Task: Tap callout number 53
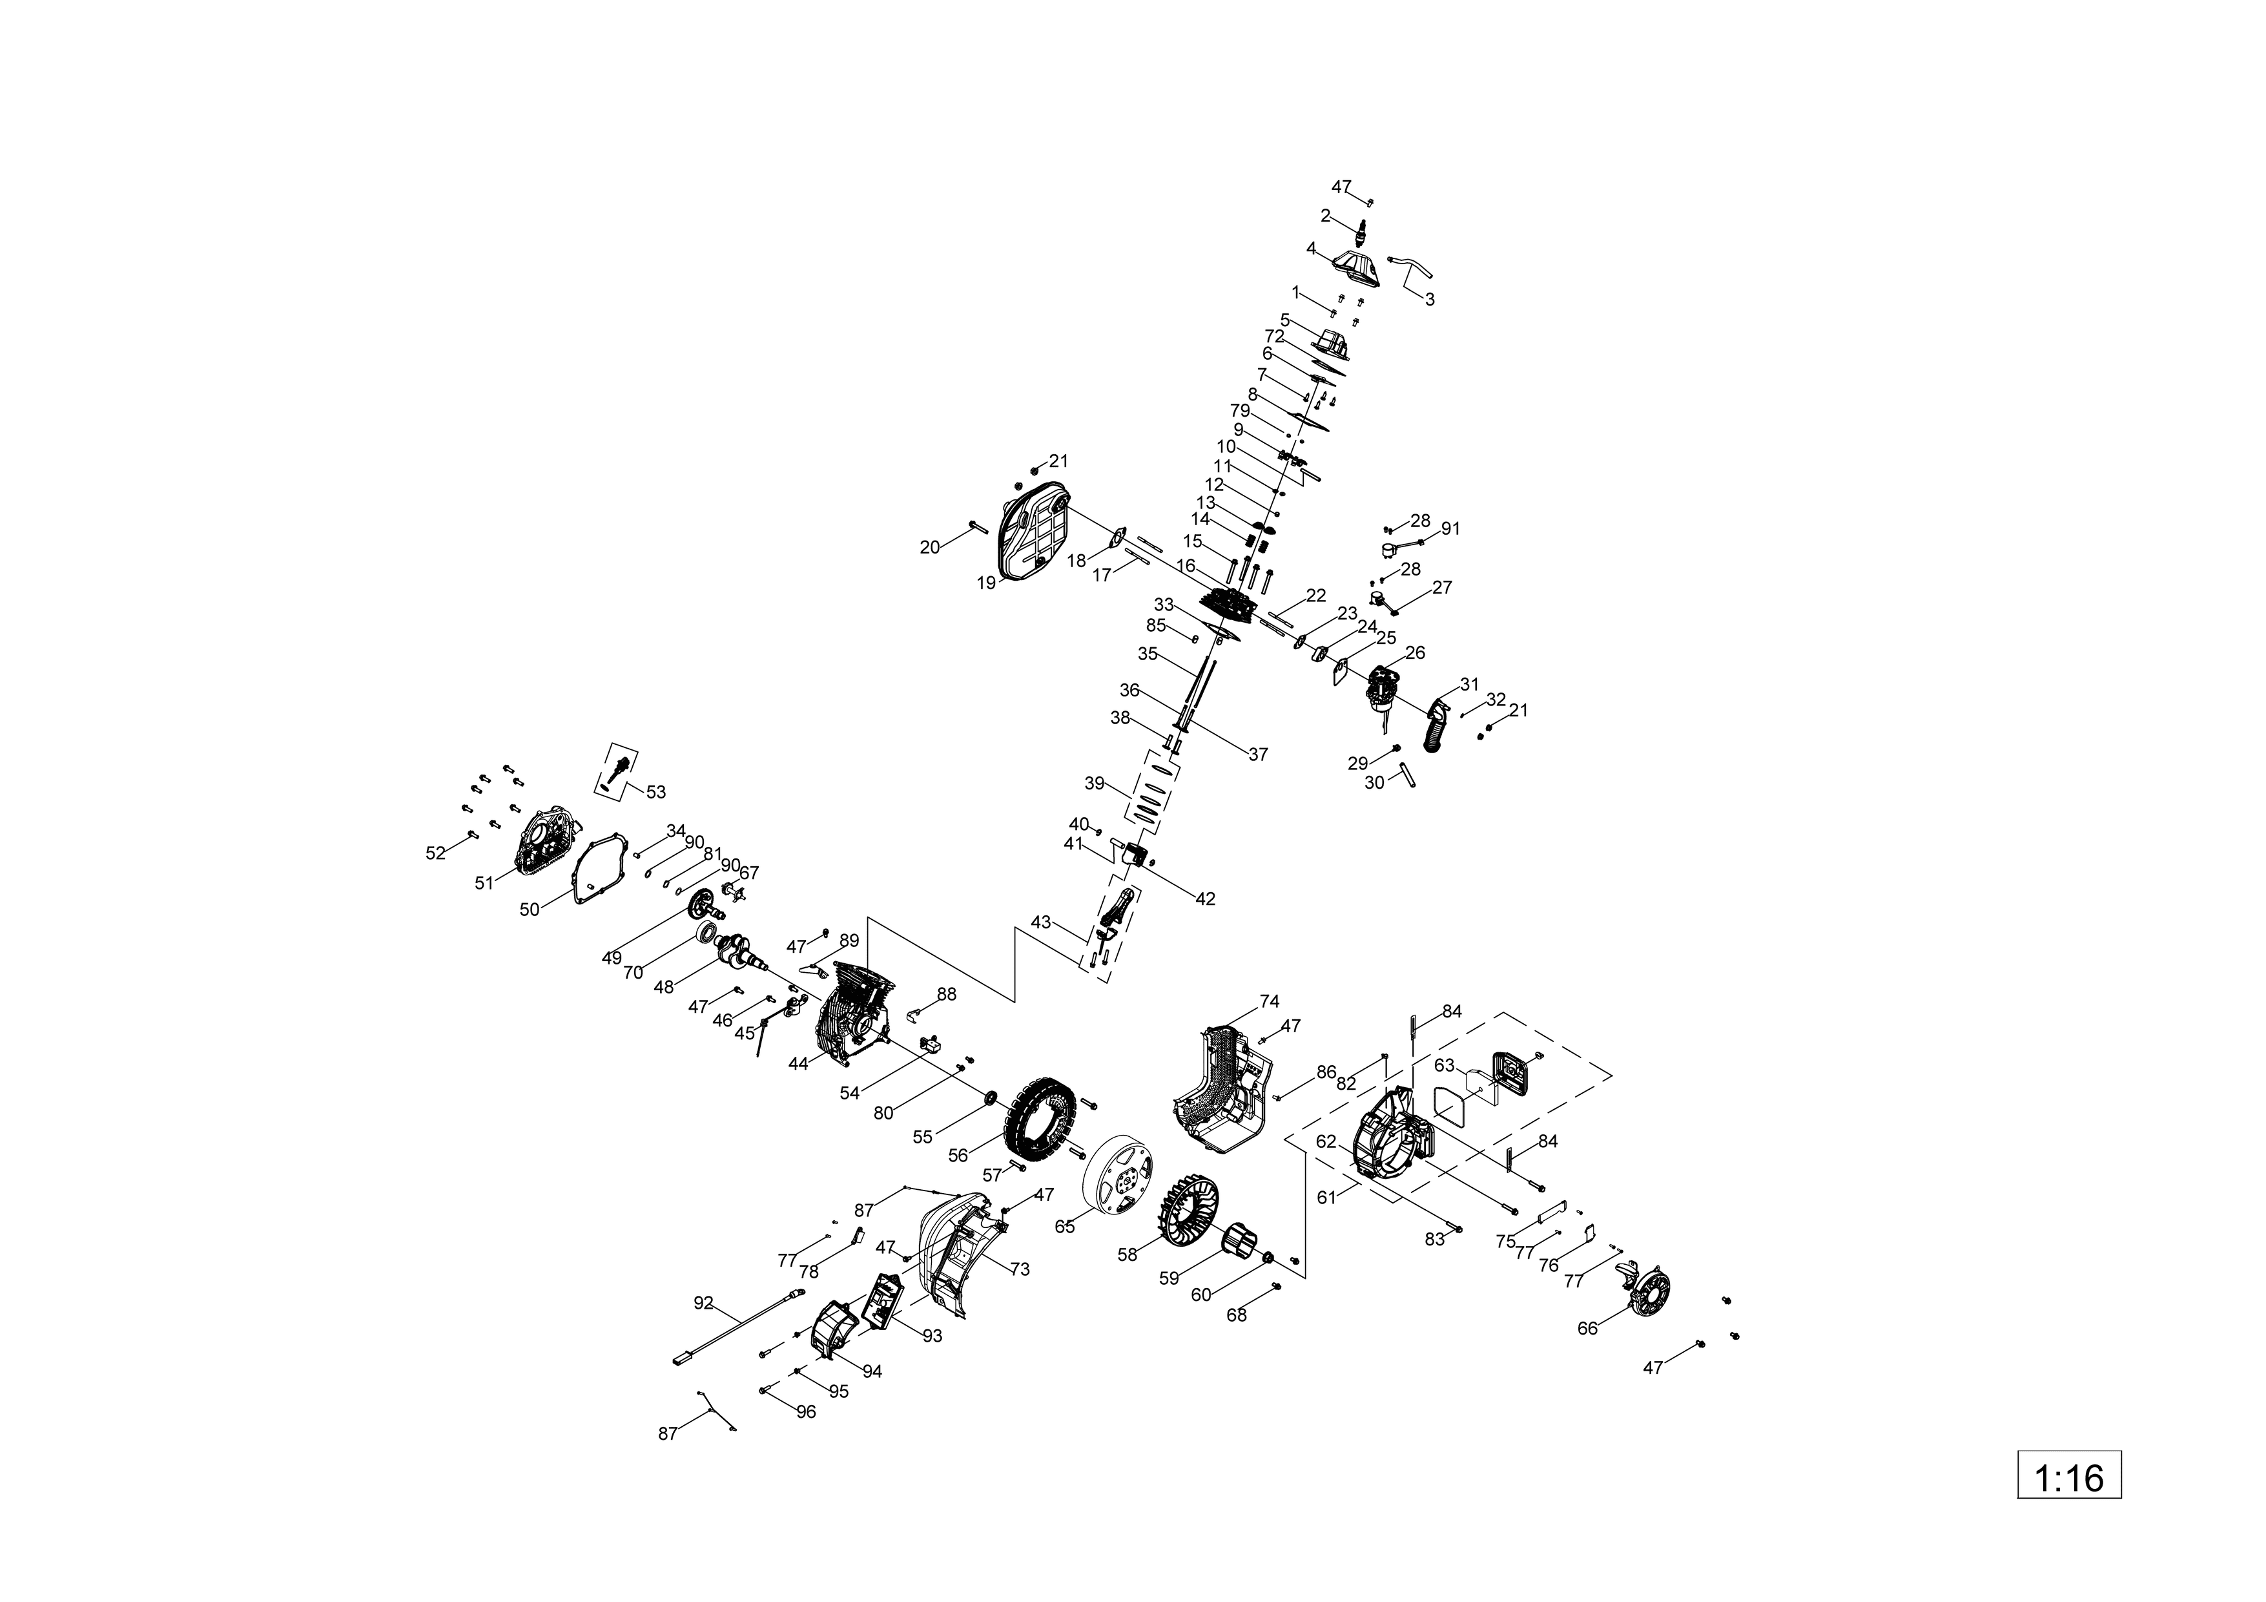point(655,791)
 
